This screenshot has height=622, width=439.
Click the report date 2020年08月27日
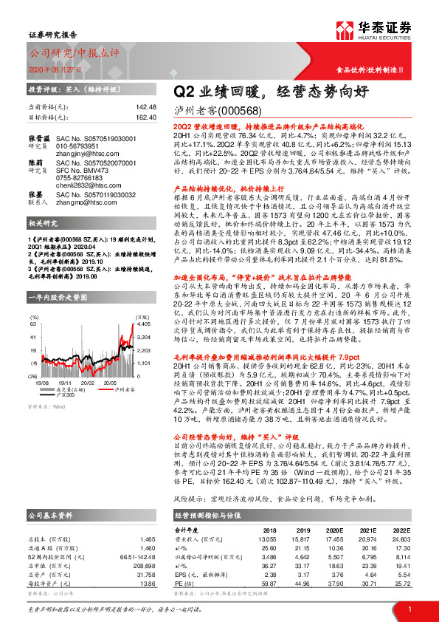click(x=56, y=68)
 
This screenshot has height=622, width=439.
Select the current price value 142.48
click(x=144, y=108)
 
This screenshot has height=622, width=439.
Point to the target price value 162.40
click(x=144, y=117)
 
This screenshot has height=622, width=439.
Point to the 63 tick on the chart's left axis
click(x=33, y=322)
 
